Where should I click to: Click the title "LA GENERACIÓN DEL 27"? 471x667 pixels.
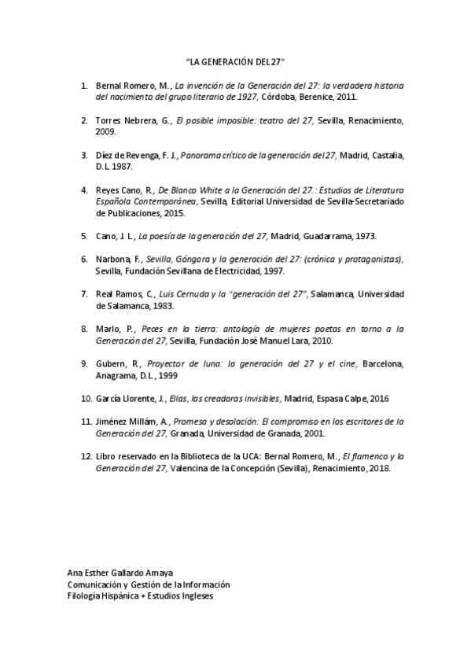coord(235,61)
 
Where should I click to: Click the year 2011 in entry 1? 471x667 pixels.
coord(347,98)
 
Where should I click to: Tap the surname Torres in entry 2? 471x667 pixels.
coord(108,120)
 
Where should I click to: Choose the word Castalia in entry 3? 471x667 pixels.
coord(387,155)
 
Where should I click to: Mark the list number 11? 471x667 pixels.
coord(86,422)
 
